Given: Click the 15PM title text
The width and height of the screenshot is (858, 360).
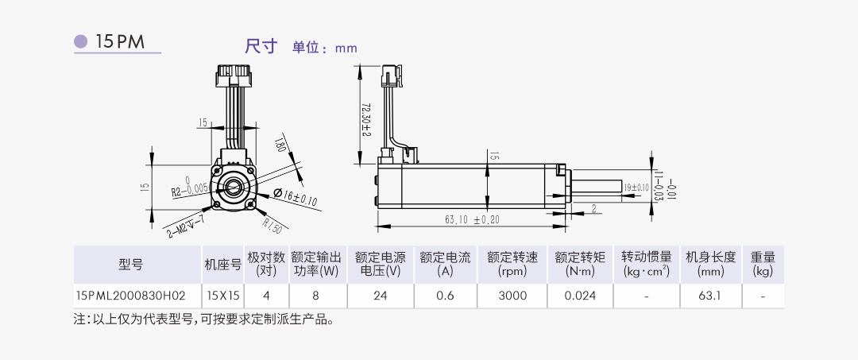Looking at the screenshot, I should pos(119,42).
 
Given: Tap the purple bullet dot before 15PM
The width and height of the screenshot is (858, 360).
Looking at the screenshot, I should pos(81,41).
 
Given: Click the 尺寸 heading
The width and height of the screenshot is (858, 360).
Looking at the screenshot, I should pos(260,46).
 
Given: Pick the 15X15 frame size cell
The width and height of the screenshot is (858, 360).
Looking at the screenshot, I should pos(223,296).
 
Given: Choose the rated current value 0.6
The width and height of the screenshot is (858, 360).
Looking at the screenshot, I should pos(445,296).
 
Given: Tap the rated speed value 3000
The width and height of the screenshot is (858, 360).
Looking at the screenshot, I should pos(512,296).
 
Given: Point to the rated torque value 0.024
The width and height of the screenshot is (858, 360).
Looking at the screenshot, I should pos(579,296).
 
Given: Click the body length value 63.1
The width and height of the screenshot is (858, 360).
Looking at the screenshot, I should pos(710,296).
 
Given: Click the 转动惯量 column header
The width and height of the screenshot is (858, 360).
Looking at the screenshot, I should pos(646,264).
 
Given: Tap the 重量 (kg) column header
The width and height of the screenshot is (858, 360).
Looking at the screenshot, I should pos(763,264).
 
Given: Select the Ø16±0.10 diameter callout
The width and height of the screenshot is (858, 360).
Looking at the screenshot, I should pos(295,198).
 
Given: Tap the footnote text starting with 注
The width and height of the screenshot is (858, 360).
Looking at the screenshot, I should pos(203,320).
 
